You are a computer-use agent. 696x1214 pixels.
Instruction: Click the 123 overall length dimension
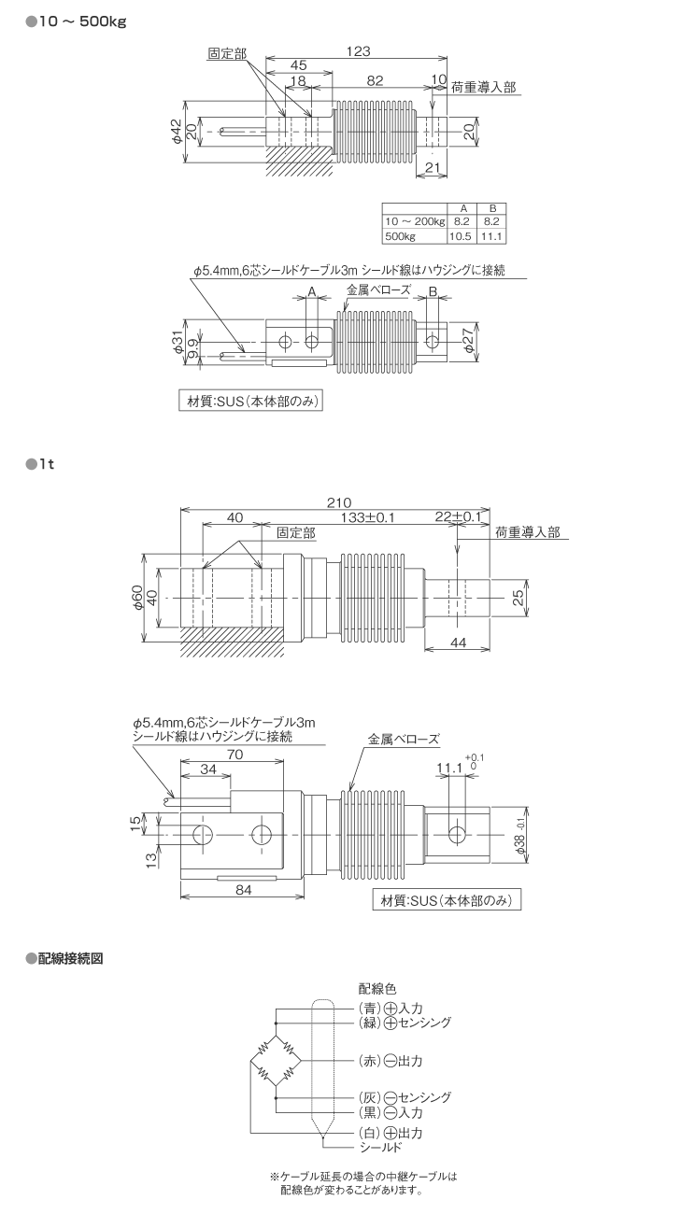(x=355, y=52)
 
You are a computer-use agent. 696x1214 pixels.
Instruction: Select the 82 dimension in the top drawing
(x=375, y=81)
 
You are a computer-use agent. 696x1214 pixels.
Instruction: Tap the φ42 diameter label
(x=176, y=131)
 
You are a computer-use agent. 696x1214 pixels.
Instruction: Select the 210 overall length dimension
(x=339, y=501)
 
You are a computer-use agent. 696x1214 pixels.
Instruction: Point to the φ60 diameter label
(x=137, y=596)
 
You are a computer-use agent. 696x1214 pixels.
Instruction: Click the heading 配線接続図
(x=75, y=958)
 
